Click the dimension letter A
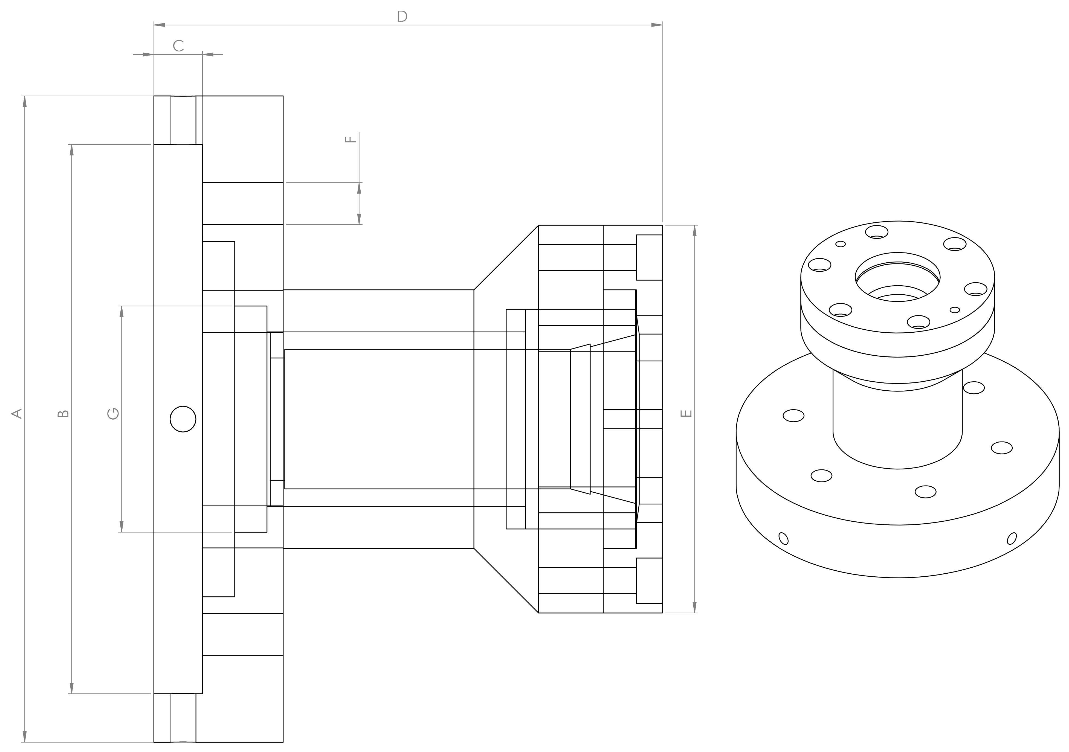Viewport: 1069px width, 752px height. coord(17,414)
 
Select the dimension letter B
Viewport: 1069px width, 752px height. coord(63,414)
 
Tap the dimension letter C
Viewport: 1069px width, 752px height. coord(178,46)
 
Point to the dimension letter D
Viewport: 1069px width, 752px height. coord(402,17)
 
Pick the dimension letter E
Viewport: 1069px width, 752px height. coord(686,414)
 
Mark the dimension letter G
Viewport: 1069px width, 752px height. coord(113,414)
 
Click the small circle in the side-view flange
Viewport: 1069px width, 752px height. coord(183,419)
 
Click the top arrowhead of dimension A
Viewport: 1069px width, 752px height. coord(25,101)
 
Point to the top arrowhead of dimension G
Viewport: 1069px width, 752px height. coord(121,312)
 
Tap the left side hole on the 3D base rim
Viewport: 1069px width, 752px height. coord(784,538)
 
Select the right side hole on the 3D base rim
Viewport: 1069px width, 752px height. coord(1012,538)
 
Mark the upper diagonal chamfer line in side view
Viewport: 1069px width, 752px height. coord(506,257)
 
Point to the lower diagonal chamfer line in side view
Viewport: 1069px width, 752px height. coord(506,581)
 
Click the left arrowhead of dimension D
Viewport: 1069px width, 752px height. coord(160,25)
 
